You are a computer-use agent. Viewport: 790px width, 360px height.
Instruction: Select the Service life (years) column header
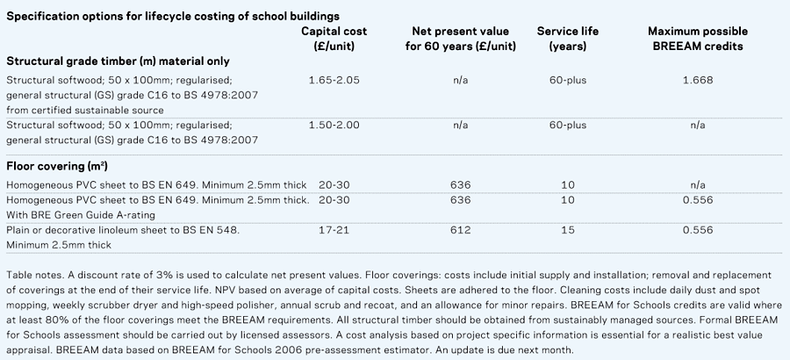click(568, 39)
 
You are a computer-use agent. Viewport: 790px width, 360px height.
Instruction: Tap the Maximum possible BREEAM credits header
click(697, 39)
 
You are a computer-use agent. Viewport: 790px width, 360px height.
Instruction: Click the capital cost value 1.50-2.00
click(334, 126)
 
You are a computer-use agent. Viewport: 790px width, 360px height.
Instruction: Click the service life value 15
click(568, 230)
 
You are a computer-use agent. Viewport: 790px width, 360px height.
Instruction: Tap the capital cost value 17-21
click(334, 230)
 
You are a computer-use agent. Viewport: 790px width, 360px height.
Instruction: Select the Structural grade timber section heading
click(118, 61)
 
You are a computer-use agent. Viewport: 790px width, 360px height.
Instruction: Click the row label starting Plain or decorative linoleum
click(123, 230)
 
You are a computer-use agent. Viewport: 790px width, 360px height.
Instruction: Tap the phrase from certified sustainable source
click(85, 110)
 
